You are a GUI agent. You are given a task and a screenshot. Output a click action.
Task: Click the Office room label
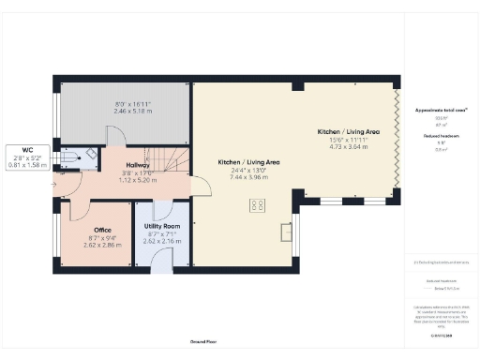coord(103,230)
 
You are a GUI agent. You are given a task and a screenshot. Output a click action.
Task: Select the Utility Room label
coord(161,227)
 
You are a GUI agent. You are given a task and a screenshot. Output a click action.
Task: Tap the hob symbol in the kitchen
coord(255,205)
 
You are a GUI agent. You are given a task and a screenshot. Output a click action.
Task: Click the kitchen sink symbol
coord(287,229)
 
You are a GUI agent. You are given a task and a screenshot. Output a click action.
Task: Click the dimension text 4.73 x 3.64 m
coord(348,146)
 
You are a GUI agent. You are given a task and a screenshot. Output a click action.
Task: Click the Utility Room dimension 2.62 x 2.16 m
coord(161,241)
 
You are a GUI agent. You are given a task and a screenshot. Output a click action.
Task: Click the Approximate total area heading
coord(441,110)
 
